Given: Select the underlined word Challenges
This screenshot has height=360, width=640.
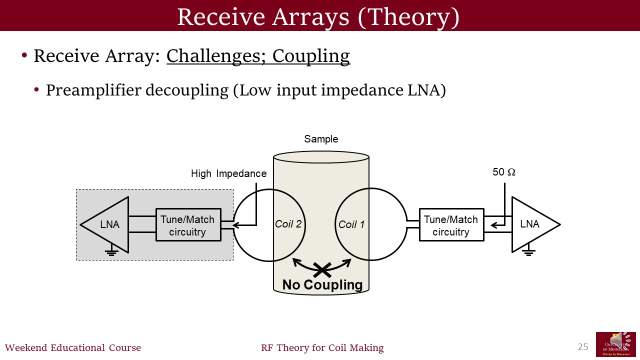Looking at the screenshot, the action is (x=217, y=56).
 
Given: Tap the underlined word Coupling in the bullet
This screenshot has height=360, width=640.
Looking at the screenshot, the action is (x=311, y=56).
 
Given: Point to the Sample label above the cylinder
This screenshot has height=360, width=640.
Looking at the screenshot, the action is (x=321, y=139).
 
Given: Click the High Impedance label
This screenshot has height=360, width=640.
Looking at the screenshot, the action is (x=228, y=173).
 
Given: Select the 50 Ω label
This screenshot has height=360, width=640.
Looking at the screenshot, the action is (x=504, y=172).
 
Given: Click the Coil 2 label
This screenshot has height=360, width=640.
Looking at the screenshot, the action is (x=288, y=224).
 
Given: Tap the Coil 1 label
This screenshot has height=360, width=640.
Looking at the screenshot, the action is (x=351, y=224).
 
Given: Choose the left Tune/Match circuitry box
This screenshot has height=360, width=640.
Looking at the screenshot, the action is (x=188, y=225).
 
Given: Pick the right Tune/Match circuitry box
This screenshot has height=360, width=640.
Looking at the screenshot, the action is (x=451, y=225).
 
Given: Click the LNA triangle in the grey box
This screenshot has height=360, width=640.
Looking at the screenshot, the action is (x=108, y=225).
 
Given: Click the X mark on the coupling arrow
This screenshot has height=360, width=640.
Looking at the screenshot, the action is (x=322, y=270).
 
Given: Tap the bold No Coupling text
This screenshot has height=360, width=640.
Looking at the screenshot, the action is (x=322, y=285).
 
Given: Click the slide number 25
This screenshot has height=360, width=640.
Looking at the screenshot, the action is (x=583, y=347).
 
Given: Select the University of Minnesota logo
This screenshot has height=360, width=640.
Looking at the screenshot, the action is (x=615, y=344).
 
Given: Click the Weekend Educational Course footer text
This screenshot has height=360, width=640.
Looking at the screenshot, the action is (x=73, y=348).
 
